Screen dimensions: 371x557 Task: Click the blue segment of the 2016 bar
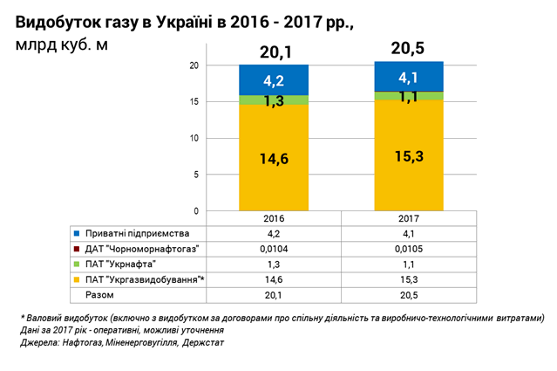[x=274, y=79]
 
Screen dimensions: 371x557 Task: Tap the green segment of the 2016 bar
[x=274, y=100]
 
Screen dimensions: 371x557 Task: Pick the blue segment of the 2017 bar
[x=409, y=77]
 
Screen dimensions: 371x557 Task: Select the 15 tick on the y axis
[x=197, y=101]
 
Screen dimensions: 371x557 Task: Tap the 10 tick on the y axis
[x=197, y=138]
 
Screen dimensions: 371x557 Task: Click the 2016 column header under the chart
[x=274, y=219]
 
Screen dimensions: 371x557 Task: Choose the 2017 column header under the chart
[x=409, y=219]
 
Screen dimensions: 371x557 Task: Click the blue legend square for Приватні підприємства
[x=78, y=234]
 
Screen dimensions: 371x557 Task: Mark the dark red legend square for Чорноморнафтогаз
[x=78, y=249]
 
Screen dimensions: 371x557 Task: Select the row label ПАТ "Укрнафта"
[x=122, y=264]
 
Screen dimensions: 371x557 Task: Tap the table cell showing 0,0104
[x=274, y=249]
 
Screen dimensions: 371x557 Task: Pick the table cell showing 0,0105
[x=409, y=249]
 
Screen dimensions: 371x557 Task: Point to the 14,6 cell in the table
[x=274, y=279]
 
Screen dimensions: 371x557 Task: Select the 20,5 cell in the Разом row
[x=409, y=294]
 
